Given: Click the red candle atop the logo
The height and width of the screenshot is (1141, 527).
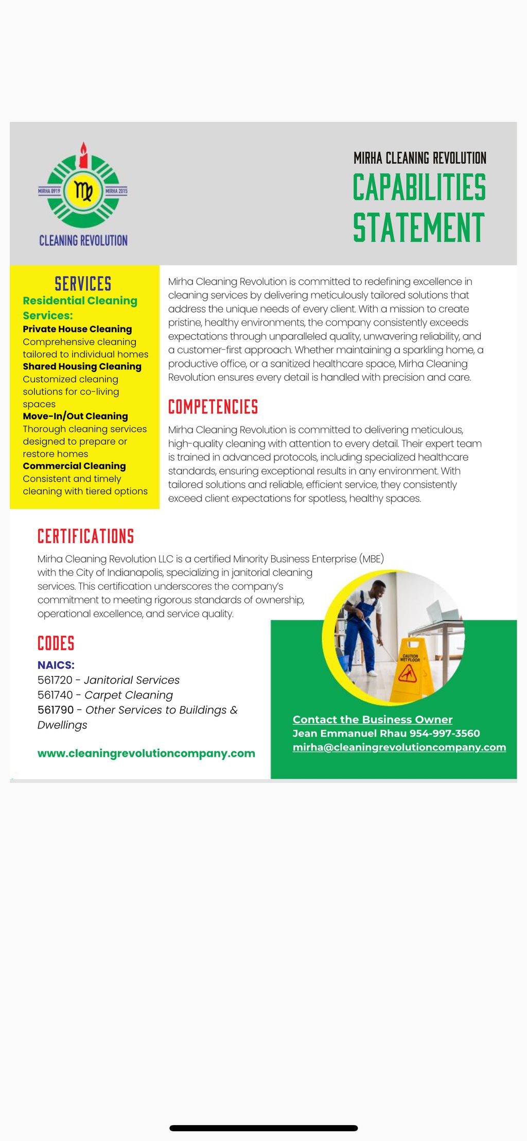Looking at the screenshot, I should (83, 157).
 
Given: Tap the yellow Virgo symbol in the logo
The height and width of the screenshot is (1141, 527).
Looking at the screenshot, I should (83, 191).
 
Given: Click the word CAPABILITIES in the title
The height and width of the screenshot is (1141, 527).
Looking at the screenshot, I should (419, 187).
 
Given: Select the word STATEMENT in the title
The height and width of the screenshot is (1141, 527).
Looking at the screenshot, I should (418, 227).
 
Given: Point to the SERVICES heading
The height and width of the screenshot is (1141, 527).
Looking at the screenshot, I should (83, 284).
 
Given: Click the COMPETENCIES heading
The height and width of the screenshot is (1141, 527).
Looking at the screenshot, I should (213, 407).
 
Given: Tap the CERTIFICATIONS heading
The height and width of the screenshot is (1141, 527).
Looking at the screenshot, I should (85, 536).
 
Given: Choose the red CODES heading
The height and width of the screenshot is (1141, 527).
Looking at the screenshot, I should (56, 643).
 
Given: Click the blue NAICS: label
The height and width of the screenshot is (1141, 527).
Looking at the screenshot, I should (56, 665).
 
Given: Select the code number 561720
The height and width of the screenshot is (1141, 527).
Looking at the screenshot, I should (55, 680).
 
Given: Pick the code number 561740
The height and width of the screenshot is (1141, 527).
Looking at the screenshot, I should (55, 695).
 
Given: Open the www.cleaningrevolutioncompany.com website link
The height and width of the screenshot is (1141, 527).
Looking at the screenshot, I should (146, 753).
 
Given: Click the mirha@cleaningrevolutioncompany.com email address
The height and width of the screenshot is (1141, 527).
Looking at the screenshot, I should (399, 747).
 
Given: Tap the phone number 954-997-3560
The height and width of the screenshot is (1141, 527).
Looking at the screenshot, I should (445, 733).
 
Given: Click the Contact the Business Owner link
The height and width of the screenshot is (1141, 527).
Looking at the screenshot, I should (373, 719).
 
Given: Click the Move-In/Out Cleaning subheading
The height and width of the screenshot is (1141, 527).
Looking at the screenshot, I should (75, 416).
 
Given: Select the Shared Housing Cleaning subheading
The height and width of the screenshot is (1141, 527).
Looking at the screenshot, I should (82, 366).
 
